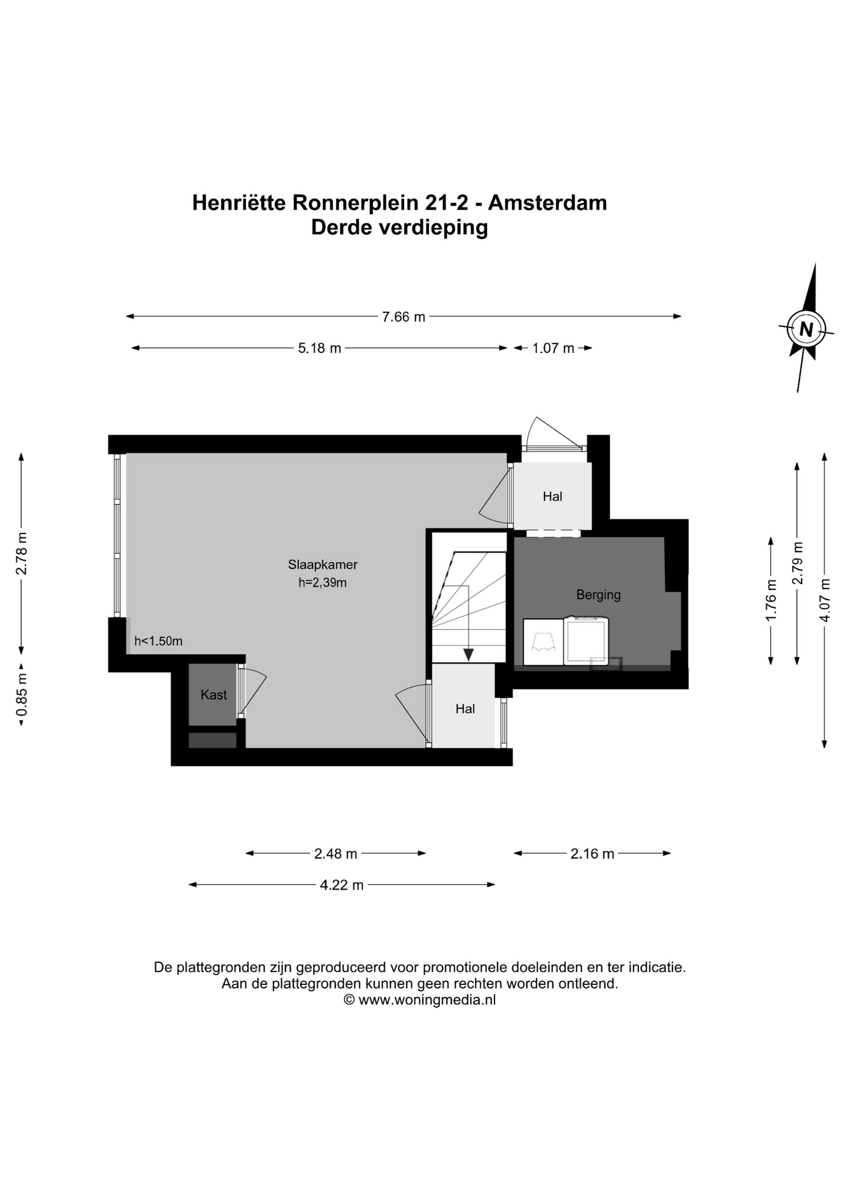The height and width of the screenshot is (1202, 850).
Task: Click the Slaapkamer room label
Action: tap(322, 564)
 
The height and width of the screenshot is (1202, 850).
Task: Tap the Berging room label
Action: tap(598, 595)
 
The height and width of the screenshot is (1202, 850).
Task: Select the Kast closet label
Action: tap(213, 694)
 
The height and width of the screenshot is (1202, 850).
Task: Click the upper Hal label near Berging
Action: tap(552, 496)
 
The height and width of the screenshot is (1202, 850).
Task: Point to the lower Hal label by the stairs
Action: tap(465, 709)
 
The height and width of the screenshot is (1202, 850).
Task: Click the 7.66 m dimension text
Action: tap(404, 317)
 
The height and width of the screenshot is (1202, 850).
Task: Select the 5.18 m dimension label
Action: tap(319, 348)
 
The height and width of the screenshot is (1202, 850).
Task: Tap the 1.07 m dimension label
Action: tap(553, 348)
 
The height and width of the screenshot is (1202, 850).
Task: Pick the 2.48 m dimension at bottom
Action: tap(335, 853)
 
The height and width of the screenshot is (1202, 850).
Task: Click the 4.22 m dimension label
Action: tap(342, 885)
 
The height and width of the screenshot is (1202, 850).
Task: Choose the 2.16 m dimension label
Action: tap(592, 853)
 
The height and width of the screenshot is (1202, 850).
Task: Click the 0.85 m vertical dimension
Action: tap(22, 695)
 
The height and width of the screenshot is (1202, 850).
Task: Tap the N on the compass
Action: tap(806, 329)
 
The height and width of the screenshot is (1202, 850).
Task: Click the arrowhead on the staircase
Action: tap(468, 655)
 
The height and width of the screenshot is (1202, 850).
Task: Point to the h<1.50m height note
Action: tap(158, 641)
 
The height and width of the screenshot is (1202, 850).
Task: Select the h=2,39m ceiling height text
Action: tap(322, 583)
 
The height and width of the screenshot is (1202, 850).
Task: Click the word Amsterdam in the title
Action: tap(548, 203)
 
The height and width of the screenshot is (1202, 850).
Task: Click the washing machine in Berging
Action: tap(586, 640)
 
